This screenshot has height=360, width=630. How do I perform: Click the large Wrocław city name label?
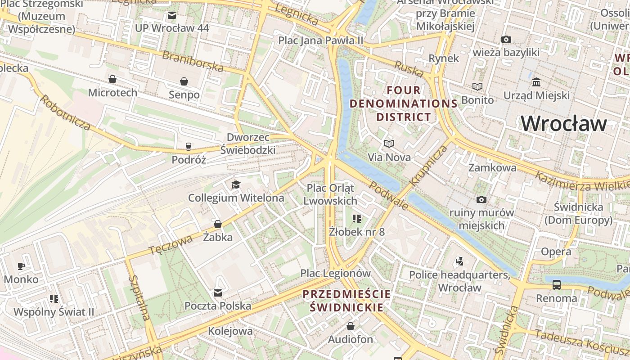(564, 123)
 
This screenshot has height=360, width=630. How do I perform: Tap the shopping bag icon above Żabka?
(218, 224)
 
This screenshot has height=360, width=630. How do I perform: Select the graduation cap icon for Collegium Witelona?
(236, 184)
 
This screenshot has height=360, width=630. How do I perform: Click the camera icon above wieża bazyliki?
(506, 40)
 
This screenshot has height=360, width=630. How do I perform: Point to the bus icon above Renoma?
(557, 284)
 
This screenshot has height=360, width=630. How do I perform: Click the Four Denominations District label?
(404, 103)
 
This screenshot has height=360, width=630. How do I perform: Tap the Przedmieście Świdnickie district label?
(346, 301)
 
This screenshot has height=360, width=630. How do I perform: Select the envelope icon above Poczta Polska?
(218, 293)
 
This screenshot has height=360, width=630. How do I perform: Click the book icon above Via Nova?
(389, 144)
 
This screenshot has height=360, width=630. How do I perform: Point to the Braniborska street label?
(193, 61)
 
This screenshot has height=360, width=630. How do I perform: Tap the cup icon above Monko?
(21, 266)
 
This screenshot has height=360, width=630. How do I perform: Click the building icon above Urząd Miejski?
(536, 82)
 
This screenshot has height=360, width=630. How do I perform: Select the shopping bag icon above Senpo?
(184, 81)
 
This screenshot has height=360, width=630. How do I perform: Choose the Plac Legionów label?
(335, 273)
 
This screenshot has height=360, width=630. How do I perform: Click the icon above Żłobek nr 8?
(357, 219)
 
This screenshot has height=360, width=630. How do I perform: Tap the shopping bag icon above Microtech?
(112, 80)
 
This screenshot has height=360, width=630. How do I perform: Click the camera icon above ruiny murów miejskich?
(481, 199)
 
